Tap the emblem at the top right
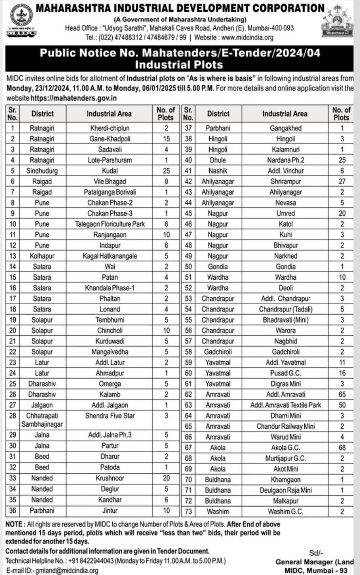(x=337, y=21)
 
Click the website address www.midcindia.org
(x=247, y=38)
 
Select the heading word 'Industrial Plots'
(x=179, y=65)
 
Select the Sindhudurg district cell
(x=42, y=171)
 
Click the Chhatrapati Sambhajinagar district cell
(x=42, y=420)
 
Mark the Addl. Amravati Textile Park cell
(x=285, y=405)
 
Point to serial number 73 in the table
(x=188, y=512)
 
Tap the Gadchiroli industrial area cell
(x=285, y=352)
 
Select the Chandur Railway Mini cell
(x=285, y=426)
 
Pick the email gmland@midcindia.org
(x=67, y=571)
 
